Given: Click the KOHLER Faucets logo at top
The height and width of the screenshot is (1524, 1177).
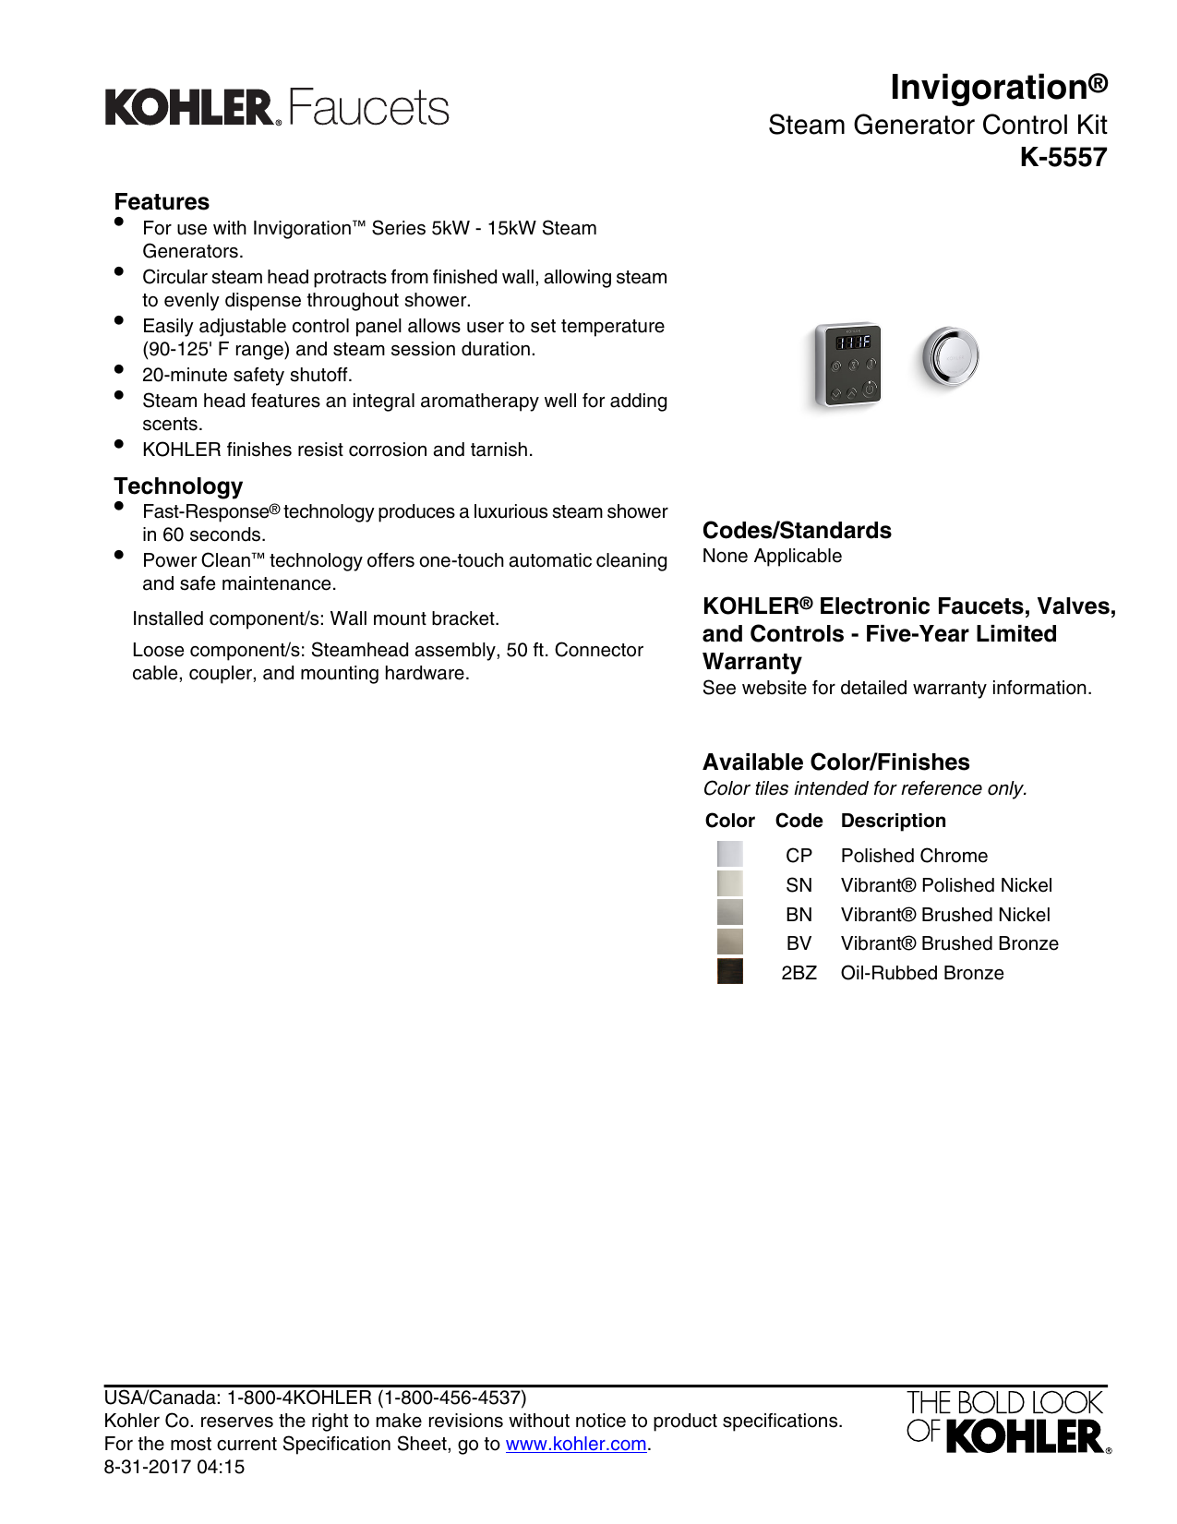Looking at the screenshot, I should [x=277, y=108].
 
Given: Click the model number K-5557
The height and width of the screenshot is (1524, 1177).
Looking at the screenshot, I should [x=1063, y=158].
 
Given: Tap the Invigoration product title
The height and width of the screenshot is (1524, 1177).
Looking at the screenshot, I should [x=998, y=88].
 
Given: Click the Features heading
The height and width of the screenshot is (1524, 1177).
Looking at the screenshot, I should [x=162, y=202].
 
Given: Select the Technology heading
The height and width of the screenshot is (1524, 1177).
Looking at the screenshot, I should [x=178, y=486].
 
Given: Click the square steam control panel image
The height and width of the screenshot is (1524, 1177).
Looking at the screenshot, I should [x=848, y=365].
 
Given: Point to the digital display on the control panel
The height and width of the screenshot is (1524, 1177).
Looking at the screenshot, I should [x=852, y=342].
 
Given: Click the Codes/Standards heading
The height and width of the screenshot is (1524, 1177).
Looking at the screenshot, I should [x=797, y=531].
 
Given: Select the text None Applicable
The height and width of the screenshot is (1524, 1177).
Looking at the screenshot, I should [x=772, y=557].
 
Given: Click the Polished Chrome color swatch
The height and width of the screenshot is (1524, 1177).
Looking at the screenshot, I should [x=729, y=855].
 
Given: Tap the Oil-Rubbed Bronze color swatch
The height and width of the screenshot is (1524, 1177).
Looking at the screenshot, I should [x=729, y=972].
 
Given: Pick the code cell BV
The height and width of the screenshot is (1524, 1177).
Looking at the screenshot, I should [x=799, y=943].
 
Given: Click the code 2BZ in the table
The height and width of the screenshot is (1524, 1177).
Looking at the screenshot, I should [x=799, y=973].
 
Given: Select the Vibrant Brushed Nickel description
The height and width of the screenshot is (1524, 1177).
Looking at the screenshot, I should [x=945, y=915].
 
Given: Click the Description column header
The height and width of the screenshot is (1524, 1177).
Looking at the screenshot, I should [x=893, y=821].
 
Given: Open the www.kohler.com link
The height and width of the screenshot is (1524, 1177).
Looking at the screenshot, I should [x=576, y=1445].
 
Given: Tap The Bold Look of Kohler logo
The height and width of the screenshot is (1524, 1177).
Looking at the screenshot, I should [x=1007, y=1422].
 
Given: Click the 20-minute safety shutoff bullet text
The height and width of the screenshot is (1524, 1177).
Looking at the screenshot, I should [x=246, y=376].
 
